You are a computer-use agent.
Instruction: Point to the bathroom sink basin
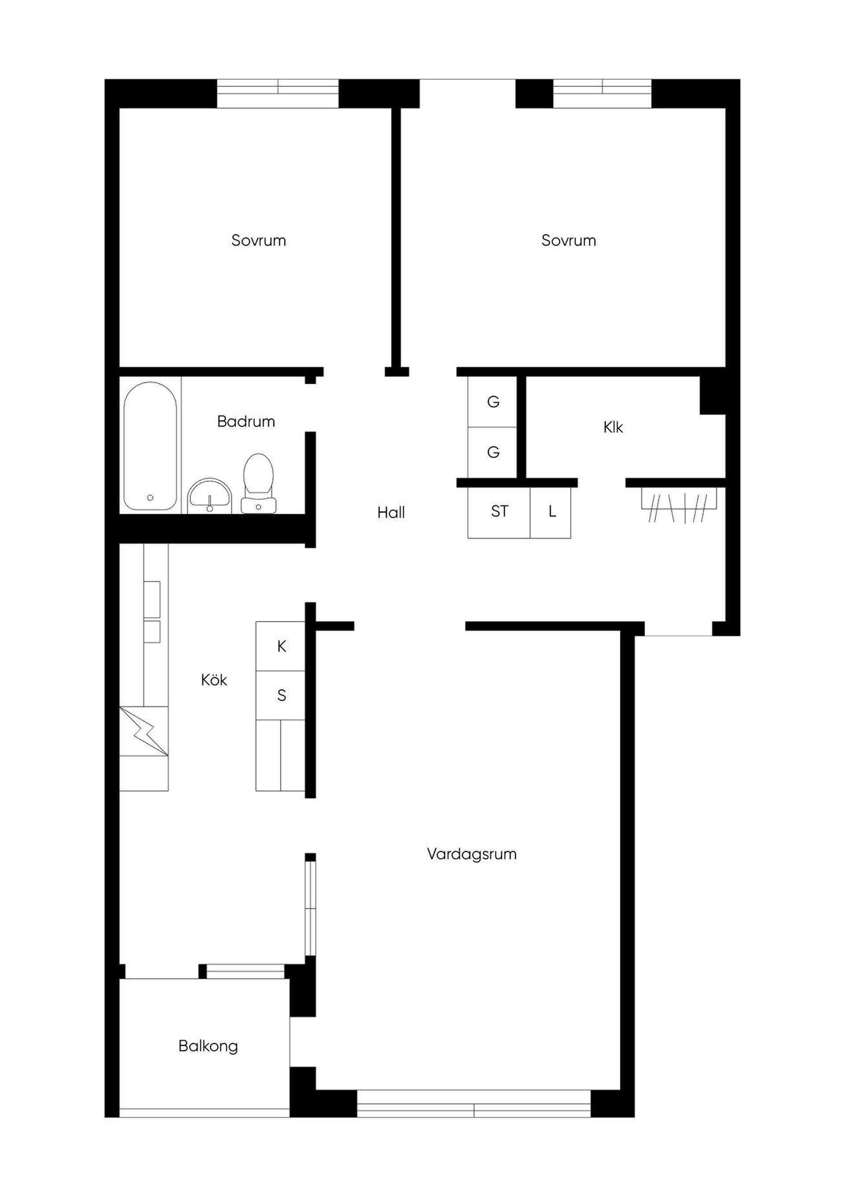(210, 495)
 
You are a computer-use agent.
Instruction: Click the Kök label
(214, 680)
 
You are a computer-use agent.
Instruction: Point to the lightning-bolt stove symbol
(144, 731)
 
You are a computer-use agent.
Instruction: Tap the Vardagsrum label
(472, 855)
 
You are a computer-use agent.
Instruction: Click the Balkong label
(208, 1046)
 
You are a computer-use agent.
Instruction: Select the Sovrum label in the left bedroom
(259, 241)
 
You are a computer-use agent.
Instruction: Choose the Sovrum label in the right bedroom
(569, 241)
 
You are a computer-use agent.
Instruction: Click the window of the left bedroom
(278, 94)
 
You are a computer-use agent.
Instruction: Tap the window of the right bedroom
(602, 94)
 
